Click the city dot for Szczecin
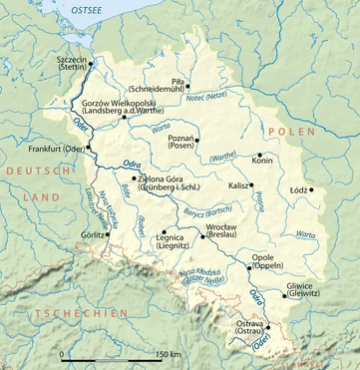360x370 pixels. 91,64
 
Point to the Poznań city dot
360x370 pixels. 198,140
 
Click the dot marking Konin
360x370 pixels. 259,156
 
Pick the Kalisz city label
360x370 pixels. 238,185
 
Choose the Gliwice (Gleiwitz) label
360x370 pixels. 302,290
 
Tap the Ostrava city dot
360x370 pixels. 266,325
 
